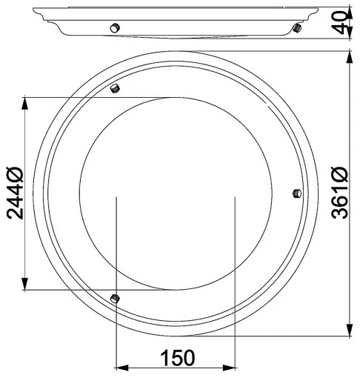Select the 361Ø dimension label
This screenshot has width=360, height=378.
tap(340, 193)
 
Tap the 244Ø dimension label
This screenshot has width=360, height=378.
tap(16, 193)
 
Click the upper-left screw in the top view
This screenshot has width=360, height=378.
tap(115, 89)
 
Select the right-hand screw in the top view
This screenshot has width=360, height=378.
tap(295, 194)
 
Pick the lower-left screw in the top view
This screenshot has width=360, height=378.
tap(114, 298)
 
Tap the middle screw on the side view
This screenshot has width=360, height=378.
tap(114, 27)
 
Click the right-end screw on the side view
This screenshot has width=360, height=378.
tap(296, 28)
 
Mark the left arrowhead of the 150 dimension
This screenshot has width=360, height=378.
tap(123, 368)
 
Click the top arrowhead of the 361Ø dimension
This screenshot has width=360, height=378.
tap(349, 58)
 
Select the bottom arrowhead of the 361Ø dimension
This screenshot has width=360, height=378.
tap(349, 331)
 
